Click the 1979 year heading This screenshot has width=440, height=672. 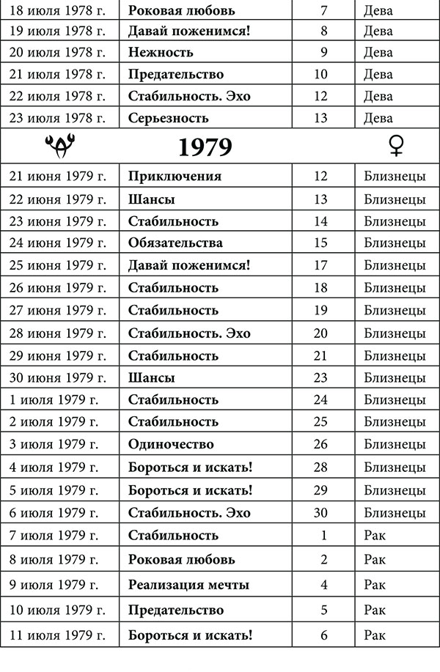click(205, 147)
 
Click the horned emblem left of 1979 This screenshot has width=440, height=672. click(58, 147)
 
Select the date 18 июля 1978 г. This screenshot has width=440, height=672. click(59, 11)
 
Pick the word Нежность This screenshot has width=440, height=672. click(161, 52)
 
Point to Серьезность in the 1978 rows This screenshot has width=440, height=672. click(168, 118)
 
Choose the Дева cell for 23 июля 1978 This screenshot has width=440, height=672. click(378, 118)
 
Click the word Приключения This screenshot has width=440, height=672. click(175, 177)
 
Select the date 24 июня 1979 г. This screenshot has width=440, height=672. click(59, 243)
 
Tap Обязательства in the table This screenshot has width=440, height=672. click(175, 243)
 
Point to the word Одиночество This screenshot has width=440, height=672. click(171, 445)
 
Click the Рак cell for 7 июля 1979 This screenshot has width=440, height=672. click(374, 535)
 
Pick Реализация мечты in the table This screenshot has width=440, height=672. click(188, 585)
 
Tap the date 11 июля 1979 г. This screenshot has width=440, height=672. click(59, 635)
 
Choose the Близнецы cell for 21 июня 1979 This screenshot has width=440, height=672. click(395, 177)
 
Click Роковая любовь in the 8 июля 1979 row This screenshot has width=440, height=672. click(181, 560)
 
